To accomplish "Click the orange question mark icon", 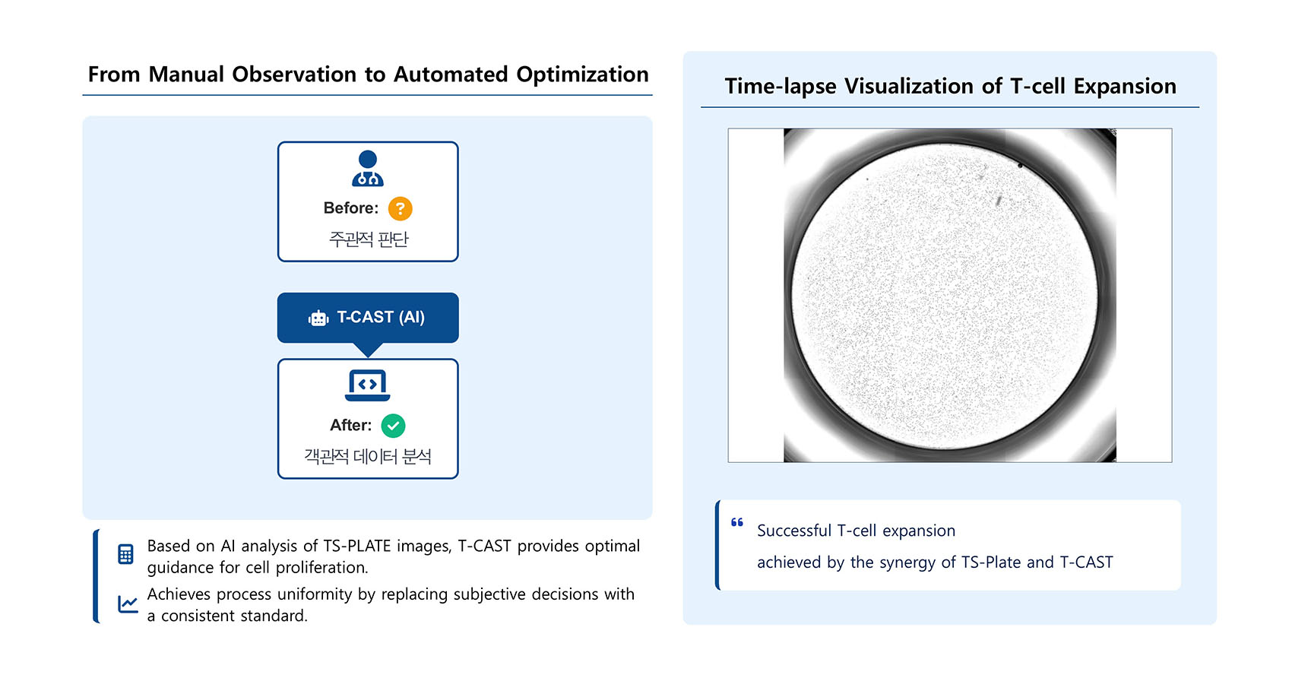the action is [x=400, y=208].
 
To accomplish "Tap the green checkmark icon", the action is [x=393, y=426].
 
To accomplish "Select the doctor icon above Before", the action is [x=367, y=169].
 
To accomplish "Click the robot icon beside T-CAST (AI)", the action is [x=318, y=318].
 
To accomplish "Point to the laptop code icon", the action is [x=367, y=385].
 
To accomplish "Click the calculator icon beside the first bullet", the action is [x=125, y=554].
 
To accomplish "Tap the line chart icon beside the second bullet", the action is [x=128, y=604].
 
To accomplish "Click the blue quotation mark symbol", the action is [x=736, y=523].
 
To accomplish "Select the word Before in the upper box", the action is [x=349, y=208].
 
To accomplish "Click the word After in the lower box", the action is [x=349, y=425].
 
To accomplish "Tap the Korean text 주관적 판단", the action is [x=368, y=239].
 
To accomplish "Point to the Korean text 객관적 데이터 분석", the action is [x=367, y=456].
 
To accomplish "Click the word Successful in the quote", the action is [x=793, y=530].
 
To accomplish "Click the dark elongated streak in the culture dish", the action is [x=999, y=201].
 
